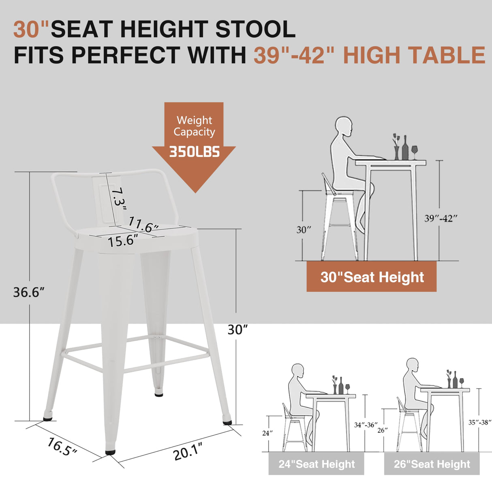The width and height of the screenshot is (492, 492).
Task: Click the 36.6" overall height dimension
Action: (28, 292)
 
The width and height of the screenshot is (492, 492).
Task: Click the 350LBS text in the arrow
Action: (194, 152)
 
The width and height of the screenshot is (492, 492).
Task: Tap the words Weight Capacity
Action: (194, 126)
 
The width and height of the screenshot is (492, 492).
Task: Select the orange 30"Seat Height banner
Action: (371, 277)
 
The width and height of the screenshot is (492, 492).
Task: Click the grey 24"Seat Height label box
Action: (316, 464)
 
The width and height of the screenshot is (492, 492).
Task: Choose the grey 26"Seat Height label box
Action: (432, 464)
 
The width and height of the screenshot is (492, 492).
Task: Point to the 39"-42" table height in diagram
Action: (441, 218)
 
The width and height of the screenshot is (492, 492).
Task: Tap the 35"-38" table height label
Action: (480, 422)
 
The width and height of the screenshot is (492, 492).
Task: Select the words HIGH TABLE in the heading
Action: (414, 56)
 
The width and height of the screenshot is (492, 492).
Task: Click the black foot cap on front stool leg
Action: (110, 451)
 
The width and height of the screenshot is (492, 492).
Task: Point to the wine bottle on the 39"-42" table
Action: (405, 148)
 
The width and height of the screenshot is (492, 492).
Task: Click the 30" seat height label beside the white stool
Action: (237, 329)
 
